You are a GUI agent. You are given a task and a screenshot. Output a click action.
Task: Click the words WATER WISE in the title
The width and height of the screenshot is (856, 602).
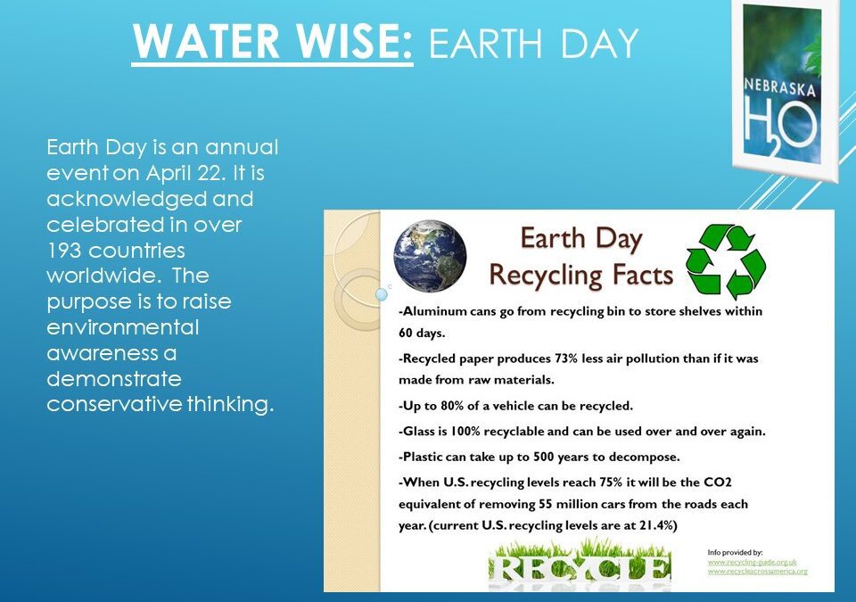(x=271, y=42)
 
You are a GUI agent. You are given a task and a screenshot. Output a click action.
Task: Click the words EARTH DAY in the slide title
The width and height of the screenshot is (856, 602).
(x=532, y=42)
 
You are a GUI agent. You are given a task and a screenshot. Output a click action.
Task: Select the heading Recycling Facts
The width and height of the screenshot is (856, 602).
(x=580, y=276)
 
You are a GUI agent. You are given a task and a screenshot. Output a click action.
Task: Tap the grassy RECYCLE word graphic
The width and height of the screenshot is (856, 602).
(x=580, y=563)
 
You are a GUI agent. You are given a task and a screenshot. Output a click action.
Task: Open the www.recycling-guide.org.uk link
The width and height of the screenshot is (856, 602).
(x=751, y=562)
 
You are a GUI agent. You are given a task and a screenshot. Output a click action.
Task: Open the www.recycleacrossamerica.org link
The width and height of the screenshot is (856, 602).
(x=758, y=571)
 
